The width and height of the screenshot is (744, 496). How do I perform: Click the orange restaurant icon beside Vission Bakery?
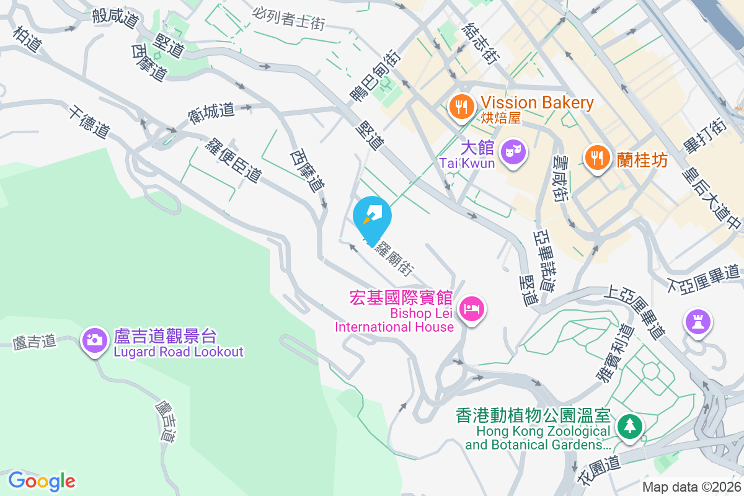point(459,107)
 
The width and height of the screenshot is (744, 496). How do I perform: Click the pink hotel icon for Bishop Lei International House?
point(472,308)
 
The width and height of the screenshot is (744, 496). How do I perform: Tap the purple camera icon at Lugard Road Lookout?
point(94,339)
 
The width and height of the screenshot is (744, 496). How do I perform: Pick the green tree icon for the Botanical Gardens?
point(630,426)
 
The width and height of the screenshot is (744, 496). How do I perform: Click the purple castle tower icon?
point(698,322)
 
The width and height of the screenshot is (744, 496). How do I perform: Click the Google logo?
point(42,481)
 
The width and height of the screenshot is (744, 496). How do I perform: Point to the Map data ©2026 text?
point(691,487)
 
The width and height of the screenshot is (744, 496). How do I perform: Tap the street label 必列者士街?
point(289,18)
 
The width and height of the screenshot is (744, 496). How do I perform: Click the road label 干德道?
point(90,122)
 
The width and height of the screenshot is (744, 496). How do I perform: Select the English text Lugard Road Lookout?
point(178,352)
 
